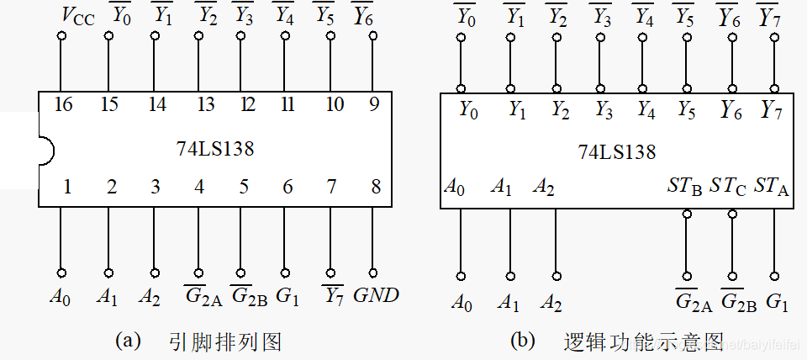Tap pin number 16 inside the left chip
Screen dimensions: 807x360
click(x=63, y=104)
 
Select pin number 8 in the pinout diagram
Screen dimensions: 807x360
click(x=376, y=187)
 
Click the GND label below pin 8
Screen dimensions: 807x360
click(x=376, y=295)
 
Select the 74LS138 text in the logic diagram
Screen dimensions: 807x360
click(x=616, y=152)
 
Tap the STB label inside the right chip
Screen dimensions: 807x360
click(x=684, y=184)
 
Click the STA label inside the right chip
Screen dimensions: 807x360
click(x=772, y=184)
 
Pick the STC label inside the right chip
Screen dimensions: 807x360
click(x=728, y=184)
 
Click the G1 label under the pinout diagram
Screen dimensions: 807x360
click(x=288, y=295)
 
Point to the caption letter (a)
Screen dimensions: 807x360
click(x=127, y=340)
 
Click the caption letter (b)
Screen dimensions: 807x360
click(x=522, y=340)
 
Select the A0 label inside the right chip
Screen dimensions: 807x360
click(x=454, y=186)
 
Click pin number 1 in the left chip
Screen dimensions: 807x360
click(x=67, y=187)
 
